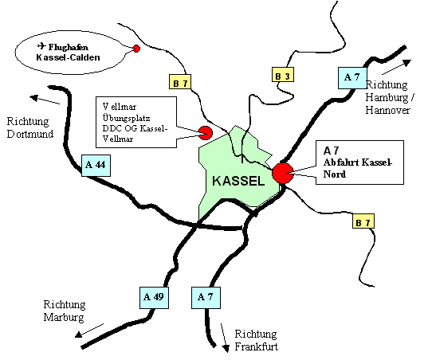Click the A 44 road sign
(96, 166)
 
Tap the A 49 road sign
(154, 298)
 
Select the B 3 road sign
(283, 74)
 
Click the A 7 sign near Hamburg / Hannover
(352, 78)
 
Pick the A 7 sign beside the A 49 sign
(206, 298)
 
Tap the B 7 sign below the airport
(180, 81)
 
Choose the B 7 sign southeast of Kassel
(363, 221)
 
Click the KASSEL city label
(238, 181)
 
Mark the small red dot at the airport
(136, 49)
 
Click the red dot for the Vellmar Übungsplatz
(206, 133)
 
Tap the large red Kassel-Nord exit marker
(283, 173)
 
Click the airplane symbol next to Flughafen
(41, 45)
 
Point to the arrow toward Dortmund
(45, 100)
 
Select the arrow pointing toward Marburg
(89, 331)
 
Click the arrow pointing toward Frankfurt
(225, 338)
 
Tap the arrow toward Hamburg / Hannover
(396, 67)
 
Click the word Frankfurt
(256, 346)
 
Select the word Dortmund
(30, 134)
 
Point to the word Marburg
(64, 317)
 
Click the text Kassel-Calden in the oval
(68, 57)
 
